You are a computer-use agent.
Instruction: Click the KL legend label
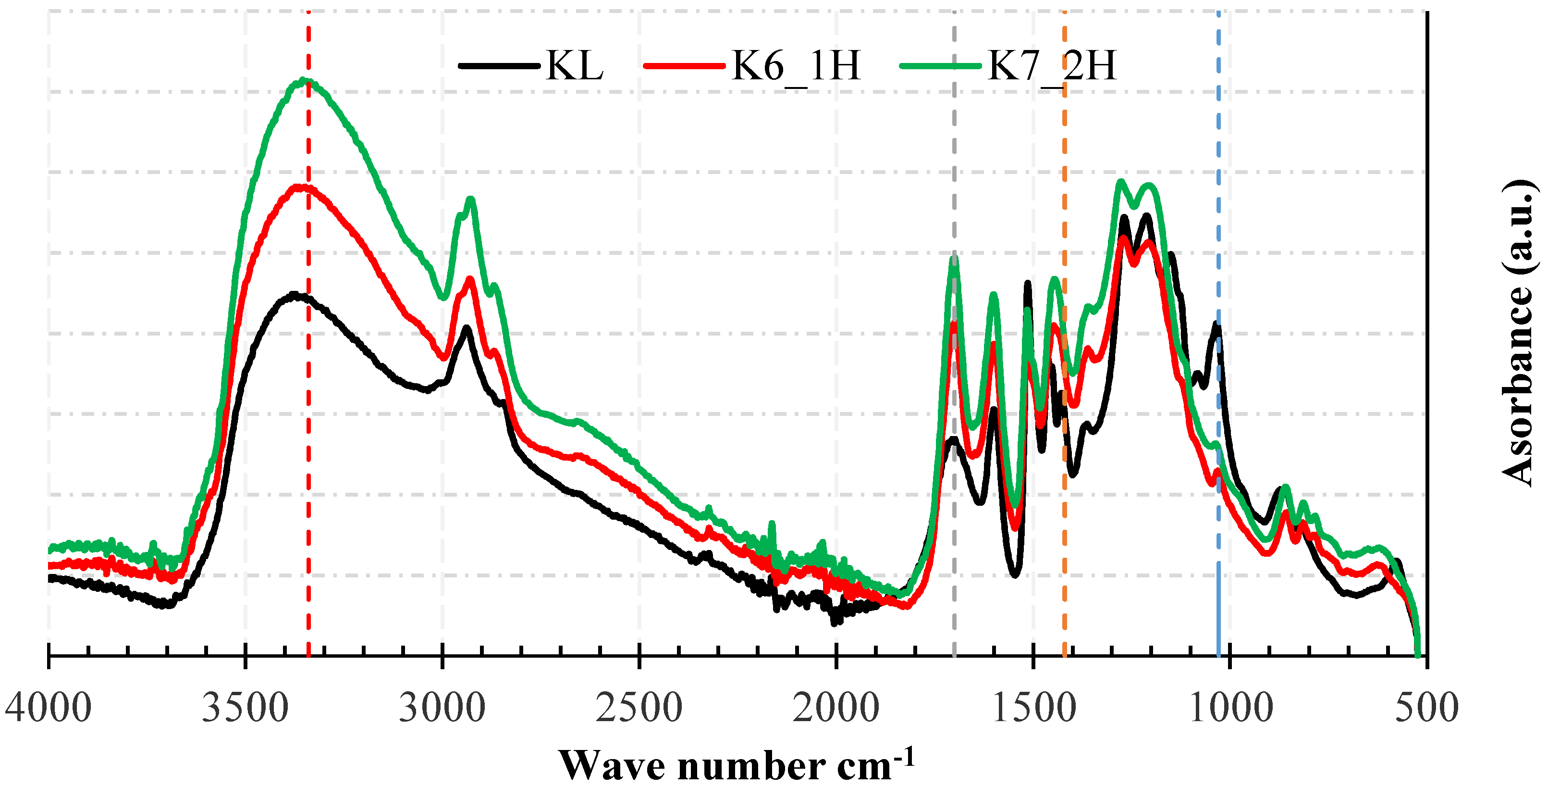click(x=575, y=65)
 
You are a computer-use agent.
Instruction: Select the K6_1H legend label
click(x=796, y=65)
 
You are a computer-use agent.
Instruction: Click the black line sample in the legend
click(x=499, y=65)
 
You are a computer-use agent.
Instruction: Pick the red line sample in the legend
click(x=684, y=65)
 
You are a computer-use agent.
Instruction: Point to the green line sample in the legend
click(x=940, y=65)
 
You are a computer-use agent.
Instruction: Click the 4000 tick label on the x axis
click(x=48, y=708)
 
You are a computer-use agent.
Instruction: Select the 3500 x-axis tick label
click(x=245, y=708)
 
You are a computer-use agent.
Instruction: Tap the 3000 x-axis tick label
click(x=442, y=708)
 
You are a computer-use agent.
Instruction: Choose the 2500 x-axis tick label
click(x=639, y=708)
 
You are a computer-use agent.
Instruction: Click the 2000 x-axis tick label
click(x=836, y=708)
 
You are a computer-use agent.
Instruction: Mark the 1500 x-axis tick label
click(x=1033, y=708)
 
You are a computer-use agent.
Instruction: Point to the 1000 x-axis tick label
click(x=1230, y=708)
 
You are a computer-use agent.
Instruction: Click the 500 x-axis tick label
click(x=1426, y=708)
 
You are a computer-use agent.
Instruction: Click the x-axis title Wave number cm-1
click(x=737, y=763)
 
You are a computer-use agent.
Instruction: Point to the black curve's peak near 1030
click(x=1216, y=325)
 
